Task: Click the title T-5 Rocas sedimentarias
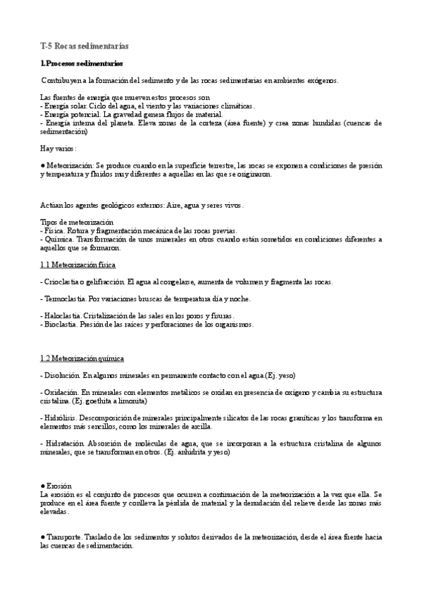pos(84,46)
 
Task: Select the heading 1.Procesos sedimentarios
pos(82,64)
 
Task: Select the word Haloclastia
pos(61,315)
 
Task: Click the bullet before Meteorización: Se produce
pos(42,165)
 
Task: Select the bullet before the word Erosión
pos(42,486)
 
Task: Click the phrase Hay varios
pos(57,149)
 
